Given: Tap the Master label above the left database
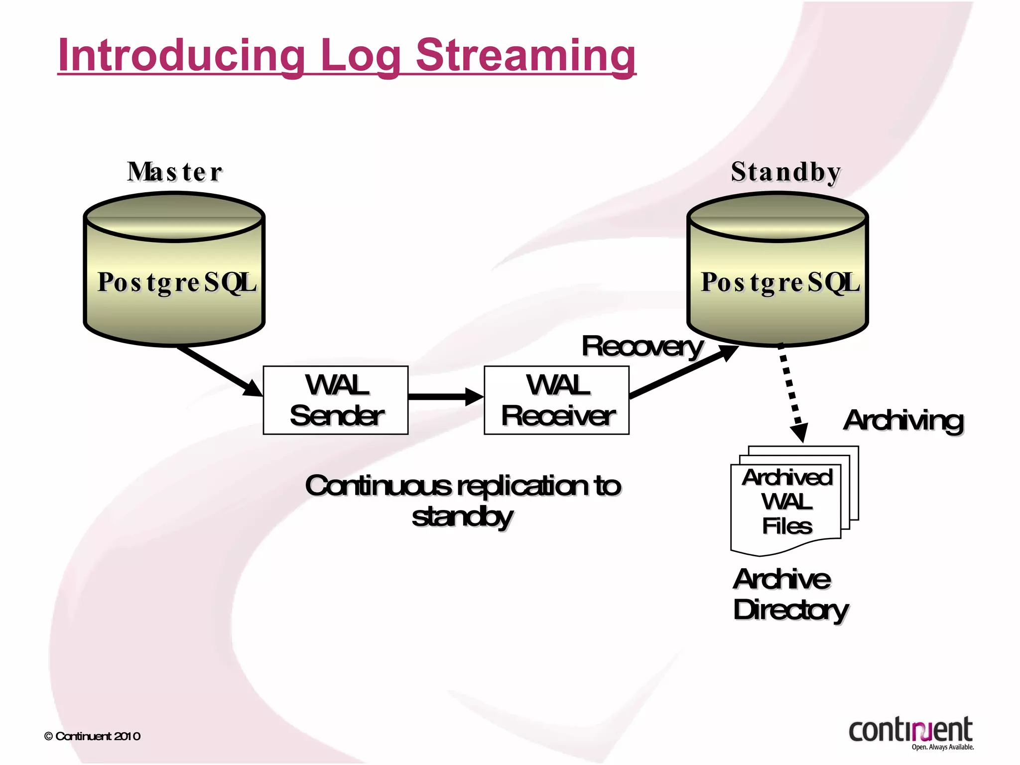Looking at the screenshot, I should (x=174, y=172).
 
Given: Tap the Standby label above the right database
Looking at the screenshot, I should (x=786, y=172).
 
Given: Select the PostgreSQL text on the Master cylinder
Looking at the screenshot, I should (x=177, y=282).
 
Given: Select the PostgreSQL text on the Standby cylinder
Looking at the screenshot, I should (x=780, y=282).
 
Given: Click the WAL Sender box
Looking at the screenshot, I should (x=336, y=400).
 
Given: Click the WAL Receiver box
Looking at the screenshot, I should (x=557, y=400).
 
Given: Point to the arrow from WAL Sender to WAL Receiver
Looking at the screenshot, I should (x=445, y=396).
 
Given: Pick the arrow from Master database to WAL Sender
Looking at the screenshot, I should (x=219, y=371).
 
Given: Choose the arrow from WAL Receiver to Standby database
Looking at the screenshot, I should (x=682, y=372).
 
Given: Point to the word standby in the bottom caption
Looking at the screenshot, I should (x=462, y=516).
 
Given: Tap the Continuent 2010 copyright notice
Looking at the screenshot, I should (x=93, y=736).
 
